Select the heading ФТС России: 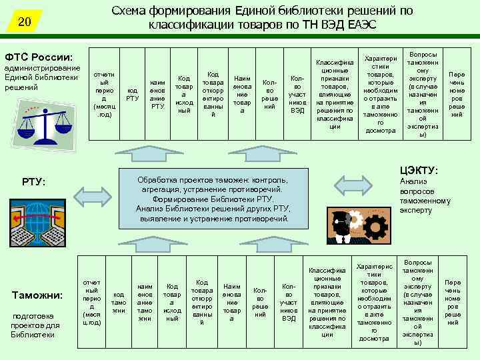tap(39, 57)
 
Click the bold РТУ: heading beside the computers tap(34, 182)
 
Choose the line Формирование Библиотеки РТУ tap(213, 199)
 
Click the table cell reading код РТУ tap(132, 95)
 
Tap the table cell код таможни tap(119, 301)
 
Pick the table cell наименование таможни tap(145, 301)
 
